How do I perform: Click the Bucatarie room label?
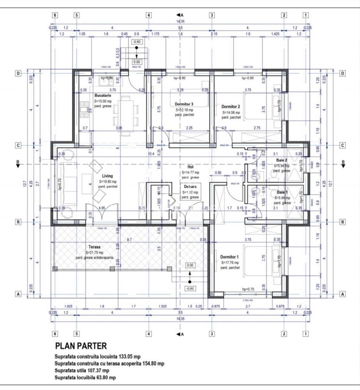[103, 95]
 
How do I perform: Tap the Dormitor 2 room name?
[231, 106]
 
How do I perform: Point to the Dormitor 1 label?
[229, 257]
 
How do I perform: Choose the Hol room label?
[191, 167]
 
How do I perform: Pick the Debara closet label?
[191, 187]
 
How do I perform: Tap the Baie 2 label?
[282, 160]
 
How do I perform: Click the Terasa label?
[94, 247]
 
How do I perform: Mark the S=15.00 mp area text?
[103, 101]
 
